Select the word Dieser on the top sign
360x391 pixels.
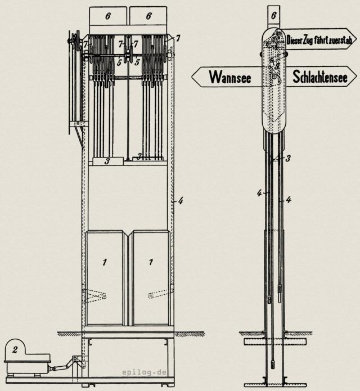coord(297,40)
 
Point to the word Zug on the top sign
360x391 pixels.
coord(315,40)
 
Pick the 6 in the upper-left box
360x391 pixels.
coord(109,16)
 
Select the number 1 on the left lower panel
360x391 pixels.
coord(104,262)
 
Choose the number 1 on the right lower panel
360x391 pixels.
coord(150,262)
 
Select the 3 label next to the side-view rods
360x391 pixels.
coord(287,159)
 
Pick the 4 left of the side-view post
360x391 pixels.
coord(259,193)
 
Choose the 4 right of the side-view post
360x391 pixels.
coord(288,199)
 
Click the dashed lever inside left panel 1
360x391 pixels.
coord(96,295)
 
